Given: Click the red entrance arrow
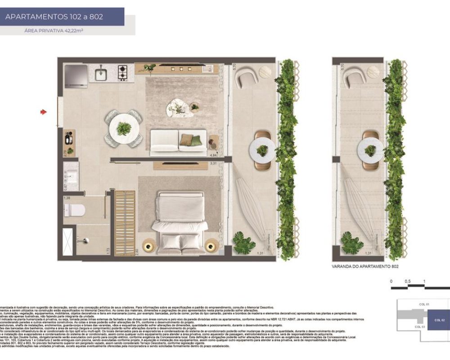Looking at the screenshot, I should pyautogui.click(x=44, y=112).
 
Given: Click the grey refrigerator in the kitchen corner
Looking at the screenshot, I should pyautogui.click(x=76, y=76).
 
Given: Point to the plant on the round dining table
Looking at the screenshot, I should pyautogui.click(x=123, y=128).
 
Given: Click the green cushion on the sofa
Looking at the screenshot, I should pyautogui.click(x=196, y=140).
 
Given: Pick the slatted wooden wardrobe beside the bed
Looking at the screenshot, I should pyautogui.click(x=125, y=223).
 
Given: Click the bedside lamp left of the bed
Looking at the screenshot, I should pyautogui.click(x=149, y=246).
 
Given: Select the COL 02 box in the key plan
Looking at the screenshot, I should pyautogui.click(x=439, y=320).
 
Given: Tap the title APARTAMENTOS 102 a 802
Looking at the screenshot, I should pyautogui.click(x=54, y=17).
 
